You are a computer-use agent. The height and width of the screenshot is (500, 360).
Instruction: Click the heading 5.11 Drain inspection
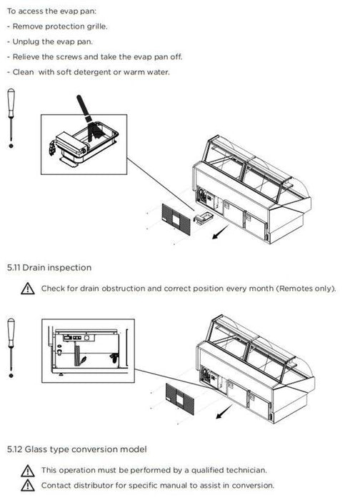[49, 268]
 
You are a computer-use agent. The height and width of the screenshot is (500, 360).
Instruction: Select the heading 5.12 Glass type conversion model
[77, 449]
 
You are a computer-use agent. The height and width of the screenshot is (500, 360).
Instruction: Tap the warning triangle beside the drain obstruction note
[28, 289]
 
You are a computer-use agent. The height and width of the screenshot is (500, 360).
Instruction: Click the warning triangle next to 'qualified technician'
[28, 471]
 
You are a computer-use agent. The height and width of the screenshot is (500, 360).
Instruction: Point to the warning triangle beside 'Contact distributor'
[28, 485]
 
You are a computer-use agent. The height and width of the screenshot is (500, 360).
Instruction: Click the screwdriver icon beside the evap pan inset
[11, 118]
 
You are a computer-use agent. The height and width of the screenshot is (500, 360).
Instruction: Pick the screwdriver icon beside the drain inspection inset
[11, 348]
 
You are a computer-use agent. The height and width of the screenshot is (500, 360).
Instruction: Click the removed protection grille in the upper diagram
[176, 220]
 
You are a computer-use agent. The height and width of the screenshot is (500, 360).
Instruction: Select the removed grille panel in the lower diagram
[180, 399]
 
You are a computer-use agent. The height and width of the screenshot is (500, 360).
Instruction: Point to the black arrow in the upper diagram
[220, 232]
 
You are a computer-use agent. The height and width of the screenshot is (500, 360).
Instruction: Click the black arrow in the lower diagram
[224, 411]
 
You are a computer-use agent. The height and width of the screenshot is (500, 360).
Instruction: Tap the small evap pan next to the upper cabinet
[203, 218]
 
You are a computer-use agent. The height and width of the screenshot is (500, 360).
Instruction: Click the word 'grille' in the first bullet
[97, 26]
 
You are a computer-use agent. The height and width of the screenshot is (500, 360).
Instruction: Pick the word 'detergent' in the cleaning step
[92, 72]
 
